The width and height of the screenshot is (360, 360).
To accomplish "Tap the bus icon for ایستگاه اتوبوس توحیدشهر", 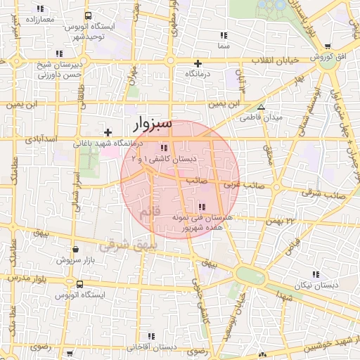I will coord(87,15).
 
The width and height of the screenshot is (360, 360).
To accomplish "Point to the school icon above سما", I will coord(224,35).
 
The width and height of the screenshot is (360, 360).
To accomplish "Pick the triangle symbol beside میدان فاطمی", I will coord(261,108).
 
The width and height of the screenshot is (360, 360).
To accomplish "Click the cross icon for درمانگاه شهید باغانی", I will coord(108,132).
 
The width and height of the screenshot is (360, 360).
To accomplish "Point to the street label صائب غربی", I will coord(238,185).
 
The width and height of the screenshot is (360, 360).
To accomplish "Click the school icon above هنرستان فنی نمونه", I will coord(202,207).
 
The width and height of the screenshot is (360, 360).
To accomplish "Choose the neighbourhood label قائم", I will coord(150,212).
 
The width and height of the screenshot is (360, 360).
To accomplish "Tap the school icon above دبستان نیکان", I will coord(315,274).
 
